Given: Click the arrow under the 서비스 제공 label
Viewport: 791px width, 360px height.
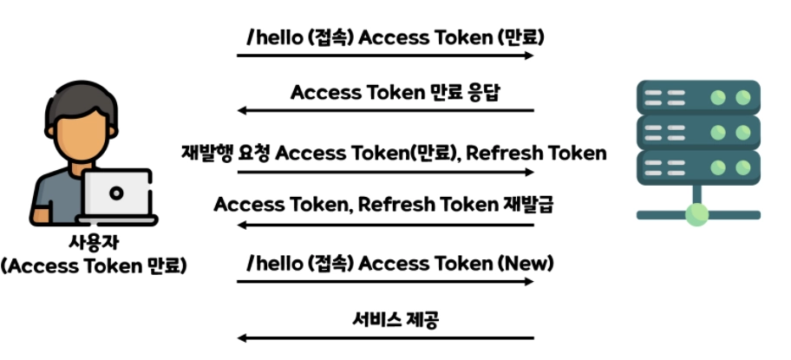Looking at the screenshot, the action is point(385,337).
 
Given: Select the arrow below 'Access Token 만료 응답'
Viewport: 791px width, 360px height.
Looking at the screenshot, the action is point(385,110).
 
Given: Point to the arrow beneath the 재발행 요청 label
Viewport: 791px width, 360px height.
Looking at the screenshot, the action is point(385,172).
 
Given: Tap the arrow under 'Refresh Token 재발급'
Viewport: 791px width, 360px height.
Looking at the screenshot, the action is point(385,225).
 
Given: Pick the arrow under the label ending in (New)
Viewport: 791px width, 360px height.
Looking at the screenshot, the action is point(385,281).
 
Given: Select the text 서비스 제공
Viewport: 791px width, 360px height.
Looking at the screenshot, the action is point(395,319).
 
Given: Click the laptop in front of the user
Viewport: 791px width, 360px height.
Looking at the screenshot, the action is point(116,195).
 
